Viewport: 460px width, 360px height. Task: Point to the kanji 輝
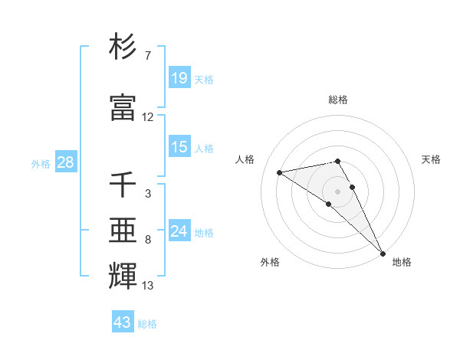(x=123, y=275)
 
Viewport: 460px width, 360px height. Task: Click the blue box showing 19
(x=179, y=77)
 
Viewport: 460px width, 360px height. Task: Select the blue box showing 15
(x=179, y=147)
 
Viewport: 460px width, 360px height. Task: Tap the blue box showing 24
(x=179, y=231)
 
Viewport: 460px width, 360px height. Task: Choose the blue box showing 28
(x=64, y=162)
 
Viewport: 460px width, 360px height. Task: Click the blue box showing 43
(x=123, y=322)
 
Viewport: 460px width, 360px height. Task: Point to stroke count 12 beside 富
(x=148, y=117)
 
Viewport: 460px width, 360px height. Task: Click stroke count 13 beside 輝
(x=148, y=286)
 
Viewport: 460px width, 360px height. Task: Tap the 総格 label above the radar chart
(x=338, y=100)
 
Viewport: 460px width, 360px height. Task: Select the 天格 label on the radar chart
(x=432, y=159)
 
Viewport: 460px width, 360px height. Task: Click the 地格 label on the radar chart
(x=402, y=262)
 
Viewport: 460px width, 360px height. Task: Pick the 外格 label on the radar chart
(x=270, y=262)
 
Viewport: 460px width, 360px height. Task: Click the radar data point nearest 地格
(x=383, y=253)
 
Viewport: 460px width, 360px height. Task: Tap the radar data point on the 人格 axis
(x=280, y=172)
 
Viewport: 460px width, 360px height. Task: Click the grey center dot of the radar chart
(x=338, y=191)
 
